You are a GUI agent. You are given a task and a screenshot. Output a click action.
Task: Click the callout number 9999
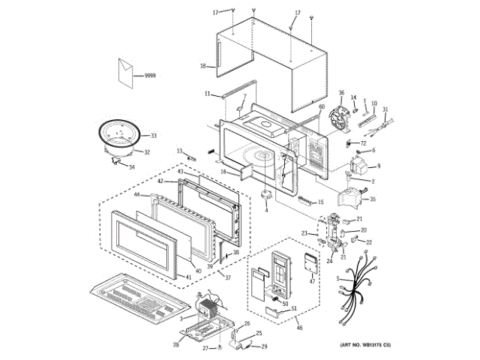coord(150,76)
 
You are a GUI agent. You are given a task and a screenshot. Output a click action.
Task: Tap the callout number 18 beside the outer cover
coord(202,67)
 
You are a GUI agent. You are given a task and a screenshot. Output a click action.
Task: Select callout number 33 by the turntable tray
coord(153,136)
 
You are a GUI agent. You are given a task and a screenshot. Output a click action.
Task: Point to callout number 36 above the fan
coord(340,93)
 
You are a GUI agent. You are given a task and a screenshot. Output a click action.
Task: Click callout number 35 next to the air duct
coord(373,199)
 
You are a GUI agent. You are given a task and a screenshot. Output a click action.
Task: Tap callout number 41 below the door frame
coord(187,278)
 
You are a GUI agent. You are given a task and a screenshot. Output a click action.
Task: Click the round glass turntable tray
coord(118,136)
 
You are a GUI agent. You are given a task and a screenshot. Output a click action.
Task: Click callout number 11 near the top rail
coord(207,94)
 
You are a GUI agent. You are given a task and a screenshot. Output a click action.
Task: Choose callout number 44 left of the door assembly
coord(137,195)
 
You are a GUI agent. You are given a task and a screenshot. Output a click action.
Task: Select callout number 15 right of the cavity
coord(320,202)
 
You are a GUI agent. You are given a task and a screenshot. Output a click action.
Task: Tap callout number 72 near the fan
coord(361,142)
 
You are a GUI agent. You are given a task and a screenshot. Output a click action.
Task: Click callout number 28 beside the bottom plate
coord(175,345)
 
